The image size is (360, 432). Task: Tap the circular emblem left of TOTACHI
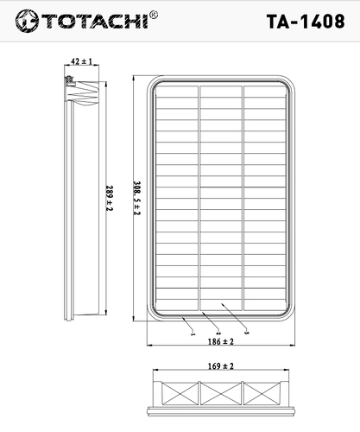(27, 21)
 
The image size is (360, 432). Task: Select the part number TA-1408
(306, 22)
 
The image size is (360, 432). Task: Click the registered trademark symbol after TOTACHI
(154, 15)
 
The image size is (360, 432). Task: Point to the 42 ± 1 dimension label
(82, 61)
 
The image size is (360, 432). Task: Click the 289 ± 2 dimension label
(110, 198)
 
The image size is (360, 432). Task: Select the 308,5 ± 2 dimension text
(137, 198)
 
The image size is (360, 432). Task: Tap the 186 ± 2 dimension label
(221, 341)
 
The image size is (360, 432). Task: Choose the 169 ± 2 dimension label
(221, 366)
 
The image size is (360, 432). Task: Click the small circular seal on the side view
(69, 79)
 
